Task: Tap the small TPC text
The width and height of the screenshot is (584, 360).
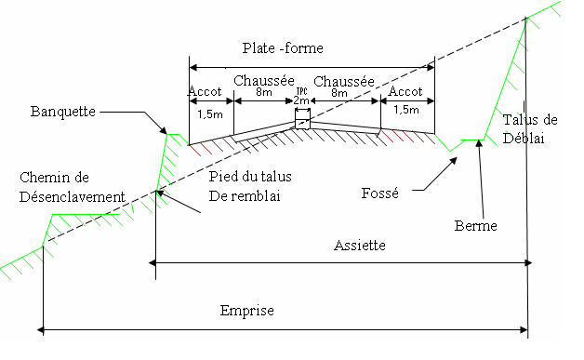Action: [300, 90]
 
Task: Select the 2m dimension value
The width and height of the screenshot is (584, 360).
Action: [301, 100]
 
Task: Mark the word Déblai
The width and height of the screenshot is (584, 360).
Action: [523, 138]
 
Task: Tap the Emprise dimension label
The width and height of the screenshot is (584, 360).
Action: [246, 311]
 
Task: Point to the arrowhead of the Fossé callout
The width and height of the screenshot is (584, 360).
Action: [455, 159]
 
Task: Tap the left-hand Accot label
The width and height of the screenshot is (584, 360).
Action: [205, 91]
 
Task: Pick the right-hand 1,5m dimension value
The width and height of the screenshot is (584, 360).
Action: [405, 110]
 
